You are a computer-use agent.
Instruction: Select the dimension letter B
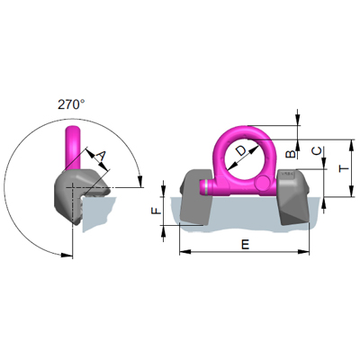pos(289,153)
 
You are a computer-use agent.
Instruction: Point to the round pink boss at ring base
pos(262,184)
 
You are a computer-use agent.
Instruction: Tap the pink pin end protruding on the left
pos(205,187)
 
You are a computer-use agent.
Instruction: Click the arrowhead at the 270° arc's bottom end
pos(67,256)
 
